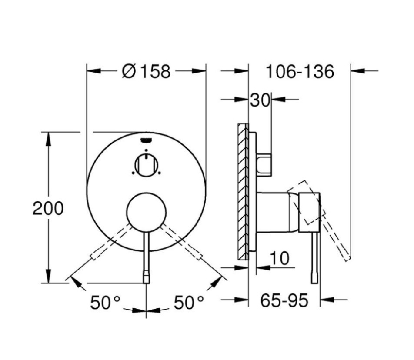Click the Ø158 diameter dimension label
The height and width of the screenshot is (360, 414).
coord(146,71)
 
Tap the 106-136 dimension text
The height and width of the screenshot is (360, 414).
coord(300,71)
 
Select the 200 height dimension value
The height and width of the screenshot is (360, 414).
coord(48,209)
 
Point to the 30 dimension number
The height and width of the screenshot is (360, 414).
coord(260,100)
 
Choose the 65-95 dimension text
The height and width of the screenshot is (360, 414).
coord(284,300)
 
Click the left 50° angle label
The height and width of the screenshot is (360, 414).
coord(104,303)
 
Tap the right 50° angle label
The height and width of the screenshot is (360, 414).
coord(189,303)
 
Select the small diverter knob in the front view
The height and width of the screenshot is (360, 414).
coord(147,165)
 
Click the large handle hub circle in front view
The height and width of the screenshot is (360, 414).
coord(146,212)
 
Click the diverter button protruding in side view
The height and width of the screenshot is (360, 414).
coord(264,164)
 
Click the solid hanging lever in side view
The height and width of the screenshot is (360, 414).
coord(314,257)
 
